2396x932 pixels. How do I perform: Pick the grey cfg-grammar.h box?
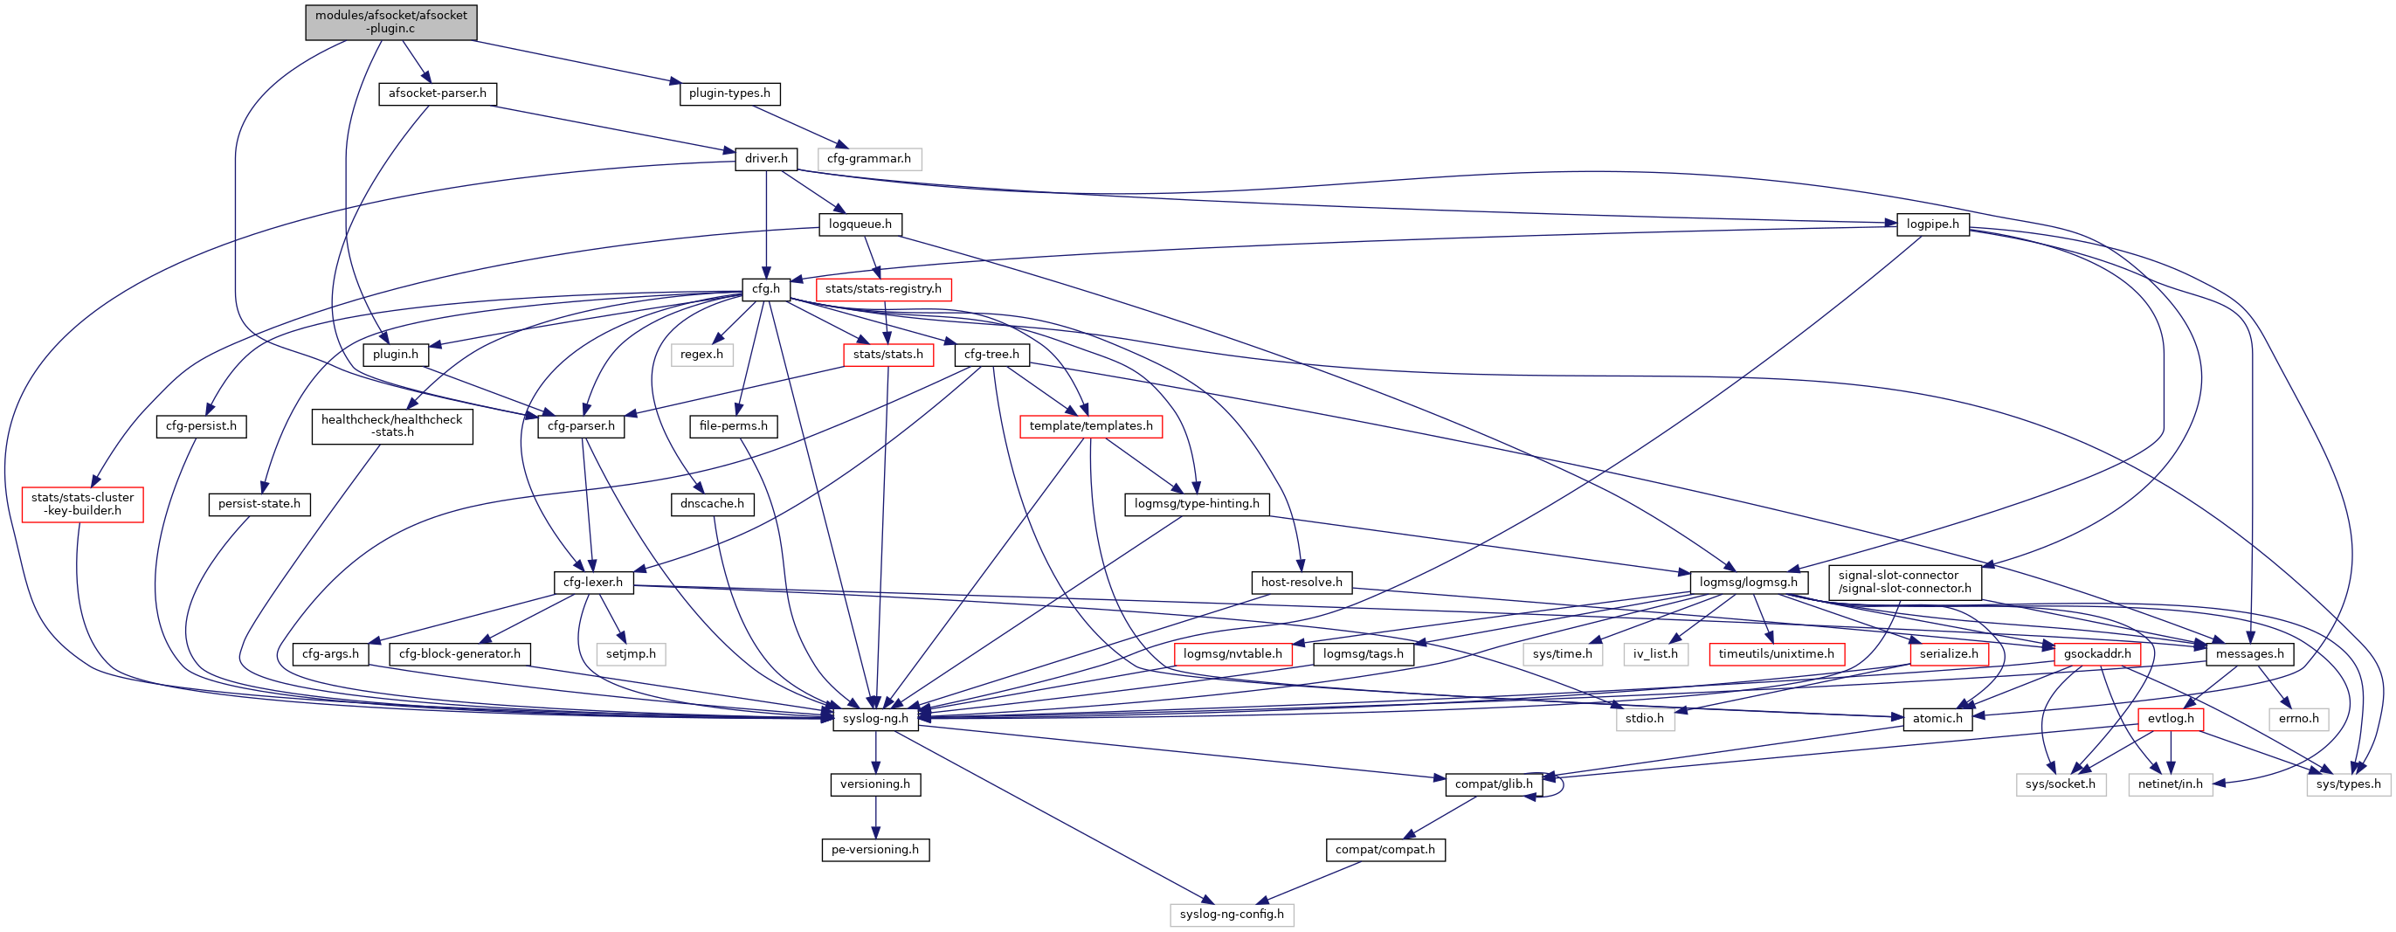(x=869, y=159)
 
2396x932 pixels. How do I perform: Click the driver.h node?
(x=765, y=159)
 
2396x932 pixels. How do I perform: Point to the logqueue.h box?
(x=860, y=224)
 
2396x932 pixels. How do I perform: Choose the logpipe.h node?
(x=1932, y=224)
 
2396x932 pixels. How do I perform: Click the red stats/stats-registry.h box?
(x=883, y=289)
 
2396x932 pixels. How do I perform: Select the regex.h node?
(x=701, y=355)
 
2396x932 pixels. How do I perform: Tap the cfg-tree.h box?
(x=991, y=355)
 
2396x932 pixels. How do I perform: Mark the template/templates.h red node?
(x=1090, y=426)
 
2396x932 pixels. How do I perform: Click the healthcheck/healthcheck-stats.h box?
(x=391, y=426)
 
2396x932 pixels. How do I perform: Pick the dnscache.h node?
(x=713, y=504)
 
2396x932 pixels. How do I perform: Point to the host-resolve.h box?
(x=1301, y=583)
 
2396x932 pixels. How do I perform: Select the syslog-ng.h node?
(x=875, y=719)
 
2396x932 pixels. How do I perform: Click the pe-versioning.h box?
(x=874, y=850)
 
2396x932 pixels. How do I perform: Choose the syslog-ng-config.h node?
(x=1232, y=915)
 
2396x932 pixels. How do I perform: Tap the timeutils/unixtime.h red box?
(x=1776, y=654)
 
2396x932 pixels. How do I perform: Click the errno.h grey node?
(x=2298, y=719)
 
